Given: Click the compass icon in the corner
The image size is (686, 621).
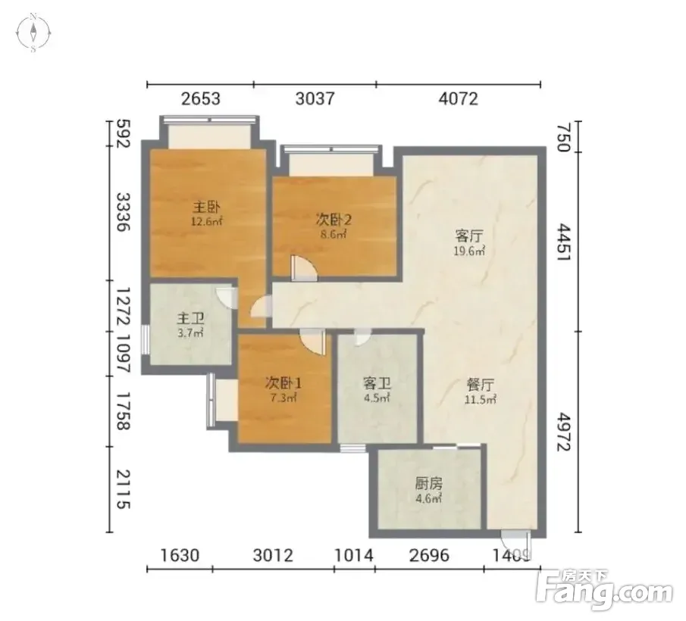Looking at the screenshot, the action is (33, 33).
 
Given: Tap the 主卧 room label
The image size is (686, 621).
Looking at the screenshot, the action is (207, 207).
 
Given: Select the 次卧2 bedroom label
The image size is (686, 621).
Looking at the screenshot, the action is (334, 220).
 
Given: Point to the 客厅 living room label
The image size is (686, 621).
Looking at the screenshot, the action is (469, 236).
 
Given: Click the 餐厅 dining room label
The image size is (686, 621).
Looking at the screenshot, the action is (481, 385).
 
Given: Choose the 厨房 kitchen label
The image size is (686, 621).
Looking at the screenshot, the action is (429, 483).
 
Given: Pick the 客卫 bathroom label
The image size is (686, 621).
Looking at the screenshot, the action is (377, 384).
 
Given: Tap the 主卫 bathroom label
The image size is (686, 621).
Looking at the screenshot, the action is (191, 319).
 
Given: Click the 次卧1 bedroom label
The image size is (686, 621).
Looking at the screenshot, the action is (283, 383).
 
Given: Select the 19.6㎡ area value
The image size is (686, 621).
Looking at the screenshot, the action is (469, 251).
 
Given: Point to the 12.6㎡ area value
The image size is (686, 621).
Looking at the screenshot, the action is (207, 221).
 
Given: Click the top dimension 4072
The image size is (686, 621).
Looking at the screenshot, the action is (458, 98).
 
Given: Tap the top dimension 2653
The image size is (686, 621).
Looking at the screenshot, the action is (201, 98).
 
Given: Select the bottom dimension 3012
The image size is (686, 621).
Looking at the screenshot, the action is (273, 555).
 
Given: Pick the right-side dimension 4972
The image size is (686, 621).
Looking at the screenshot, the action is (565, 432).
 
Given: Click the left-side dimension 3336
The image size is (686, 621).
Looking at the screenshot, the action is (123, 212).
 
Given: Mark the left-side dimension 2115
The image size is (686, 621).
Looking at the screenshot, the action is (123, 489).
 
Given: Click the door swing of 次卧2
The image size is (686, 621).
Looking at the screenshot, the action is (304, 268).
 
